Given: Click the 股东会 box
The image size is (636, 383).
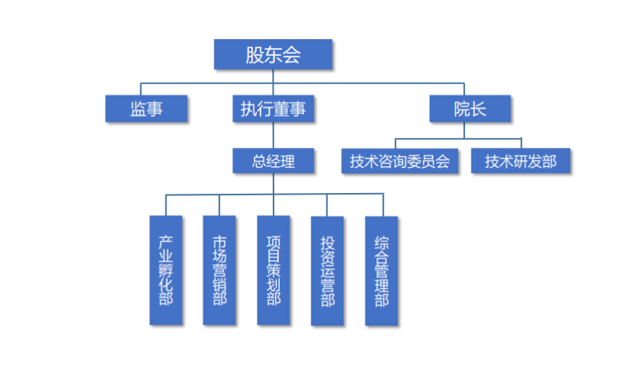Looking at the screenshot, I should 273,54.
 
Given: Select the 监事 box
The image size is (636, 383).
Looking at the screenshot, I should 146,109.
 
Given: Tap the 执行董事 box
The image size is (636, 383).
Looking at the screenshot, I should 273,109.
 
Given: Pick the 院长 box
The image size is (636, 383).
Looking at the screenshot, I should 469,109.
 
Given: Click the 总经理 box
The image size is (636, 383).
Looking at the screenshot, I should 273,161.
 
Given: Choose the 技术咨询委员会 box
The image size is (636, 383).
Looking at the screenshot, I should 399,162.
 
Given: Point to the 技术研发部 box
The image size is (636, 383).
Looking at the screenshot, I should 520,162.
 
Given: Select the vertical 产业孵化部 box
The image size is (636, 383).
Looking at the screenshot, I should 166,270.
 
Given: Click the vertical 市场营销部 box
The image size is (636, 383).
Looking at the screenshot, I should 219,270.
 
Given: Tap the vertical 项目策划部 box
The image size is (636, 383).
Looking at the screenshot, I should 273,270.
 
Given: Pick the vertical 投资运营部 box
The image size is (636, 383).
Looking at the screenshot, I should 327,270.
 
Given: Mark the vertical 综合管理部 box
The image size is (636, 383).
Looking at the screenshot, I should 381,270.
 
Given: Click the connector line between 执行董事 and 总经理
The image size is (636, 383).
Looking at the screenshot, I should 273,135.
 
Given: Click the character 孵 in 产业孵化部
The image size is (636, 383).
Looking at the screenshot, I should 166,270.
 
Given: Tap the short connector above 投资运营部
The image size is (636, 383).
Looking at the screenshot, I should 327,205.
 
